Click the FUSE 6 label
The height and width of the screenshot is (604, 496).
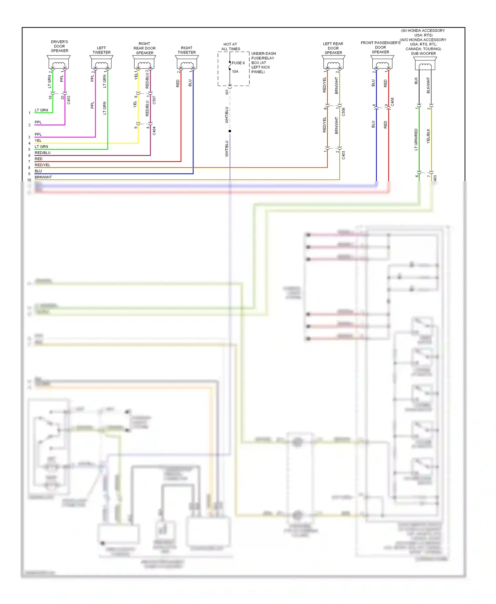238,63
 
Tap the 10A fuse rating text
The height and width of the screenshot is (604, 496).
235,71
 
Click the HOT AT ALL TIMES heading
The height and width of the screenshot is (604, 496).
230,47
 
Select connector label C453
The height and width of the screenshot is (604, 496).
69,100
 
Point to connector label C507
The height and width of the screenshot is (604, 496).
154,100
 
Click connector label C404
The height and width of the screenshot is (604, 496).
154,131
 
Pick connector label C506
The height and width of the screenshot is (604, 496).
344,112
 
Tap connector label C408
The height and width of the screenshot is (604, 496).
393,102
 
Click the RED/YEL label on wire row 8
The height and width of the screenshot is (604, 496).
42,165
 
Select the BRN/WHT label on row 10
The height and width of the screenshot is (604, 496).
43,177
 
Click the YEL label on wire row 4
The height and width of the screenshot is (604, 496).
38,140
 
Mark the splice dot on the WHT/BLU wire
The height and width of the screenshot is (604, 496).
230,131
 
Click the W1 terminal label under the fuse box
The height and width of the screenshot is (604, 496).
227,92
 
